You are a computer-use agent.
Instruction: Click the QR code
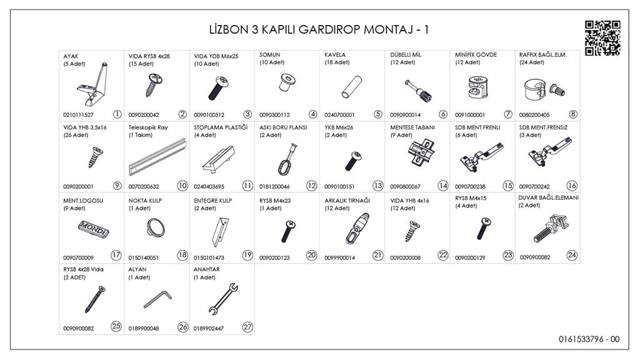point(603,38)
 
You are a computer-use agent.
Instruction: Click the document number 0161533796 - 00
point(589,339)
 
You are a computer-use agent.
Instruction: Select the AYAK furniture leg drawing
point(92,84)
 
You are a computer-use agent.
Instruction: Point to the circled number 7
point(507,114)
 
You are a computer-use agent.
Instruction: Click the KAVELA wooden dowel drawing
point(352,87)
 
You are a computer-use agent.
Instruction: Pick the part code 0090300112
point(274,115)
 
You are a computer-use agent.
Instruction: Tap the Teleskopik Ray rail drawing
point(157,157)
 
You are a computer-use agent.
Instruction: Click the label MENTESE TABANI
point(412,127)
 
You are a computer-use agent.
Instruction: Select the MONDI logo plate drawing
point(94,229)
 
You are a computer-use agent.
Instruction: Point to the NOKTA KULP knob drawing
point(156,227)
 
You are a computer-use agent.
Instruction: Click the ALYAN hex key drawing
point(157,299)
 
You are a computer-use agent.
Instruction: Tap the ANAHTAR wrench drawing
point(223,299)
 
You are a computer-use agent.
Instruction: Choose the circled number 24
point(572,256)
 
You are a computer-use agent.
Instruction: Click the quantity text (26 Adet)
point(76,135)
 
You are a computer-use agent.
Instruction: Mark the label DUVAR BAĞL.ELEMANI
point(548,197)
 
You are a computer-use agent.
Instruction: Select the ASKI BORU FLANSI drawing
point(287,159)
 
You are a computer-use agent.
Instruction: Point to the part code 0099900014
point(339,258)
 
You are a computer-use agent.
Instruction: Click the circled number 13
point(377,186)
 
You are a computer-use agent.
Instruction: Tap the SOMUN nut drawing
point(287,83)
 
